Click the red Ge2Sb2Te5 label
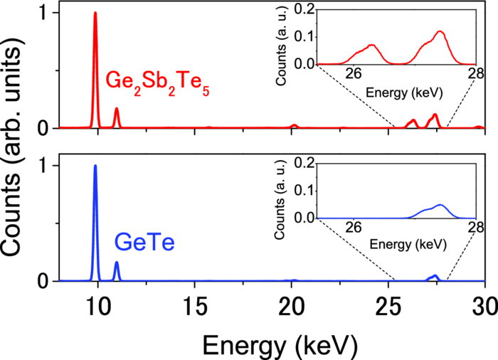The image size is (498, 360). [x=157, y=84]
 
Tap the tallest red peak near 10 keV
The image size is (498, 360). [x=95, y=14]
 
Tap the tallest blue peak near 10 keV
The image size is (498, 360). [x=95, y=167]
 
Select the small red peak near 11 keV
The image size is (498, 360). [x=117, y=110]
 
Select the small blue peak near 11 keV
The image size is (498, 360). [x=117, y=263]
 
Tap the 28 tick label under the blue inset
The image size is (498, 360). [x=475, y=229]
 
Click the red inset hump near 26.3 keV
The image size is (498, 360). [x=372, y=46]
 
